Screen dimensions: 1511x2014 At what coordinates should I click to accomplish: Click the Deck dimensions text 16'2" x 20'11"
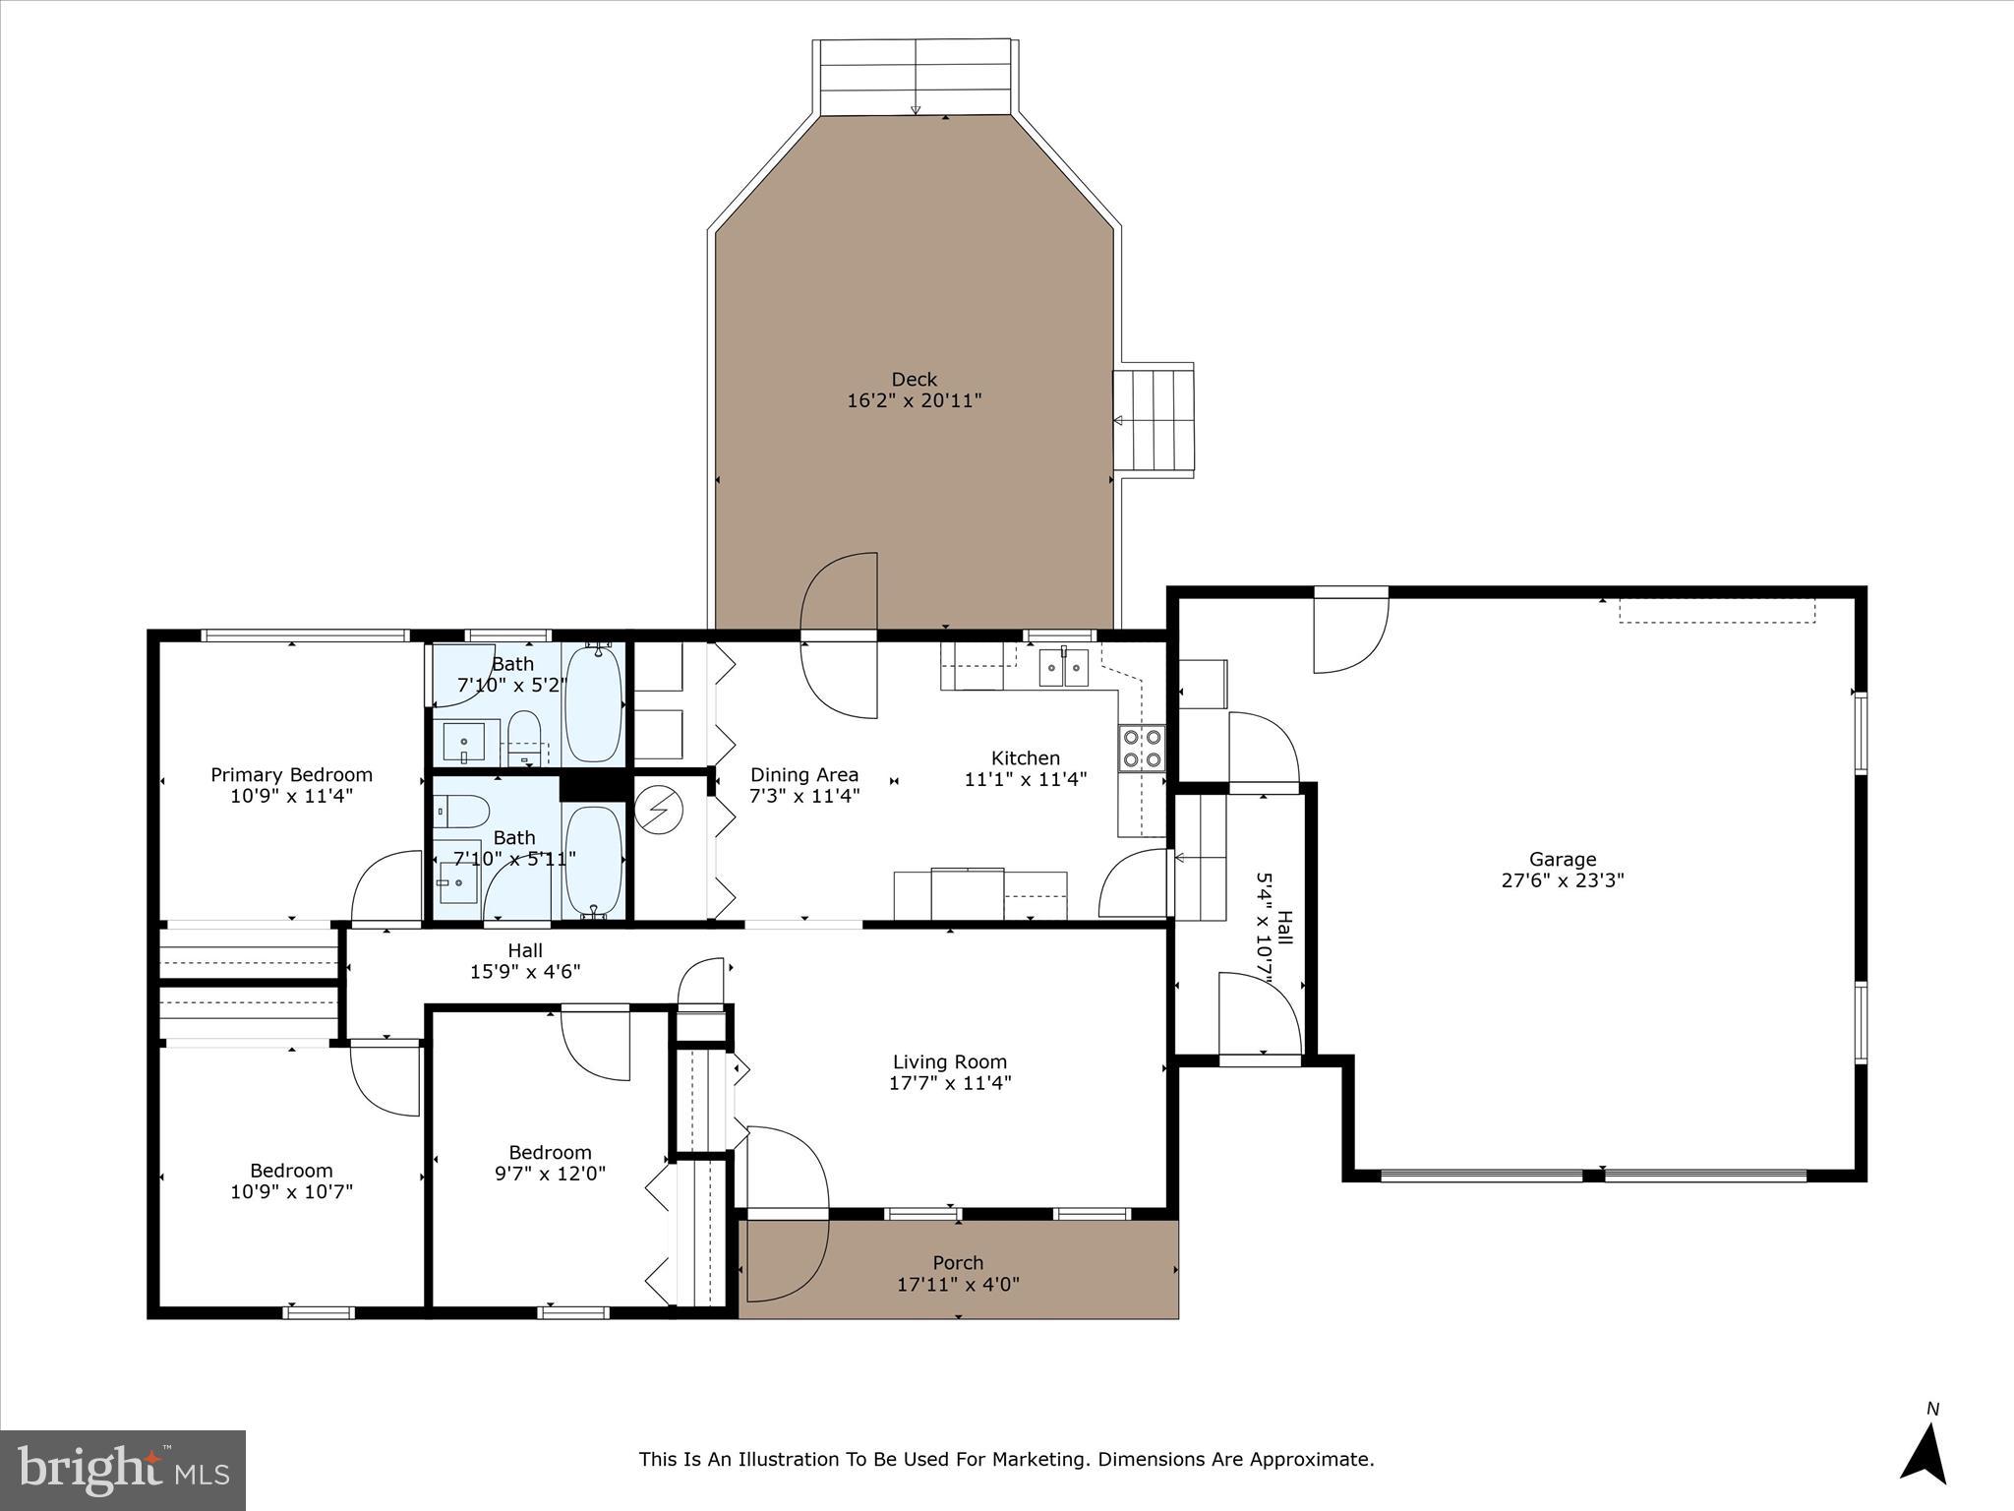pyautogui.click(x=914, y=401)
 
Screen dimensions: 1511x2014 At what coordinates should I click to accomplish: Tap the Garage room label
pyautogui.click(x=1562, y=859)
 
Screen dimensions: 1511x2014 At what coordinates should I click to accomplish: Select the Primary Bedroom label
pyautogui.click(x=291, y=775)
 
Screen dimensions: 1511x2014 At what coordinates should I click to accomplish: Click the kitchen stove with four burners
pyautogui.click(x=1142, y=747)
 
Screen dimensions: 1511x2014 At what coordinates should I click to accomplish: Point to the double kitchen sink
pyautogui.click(x=1064, y=669)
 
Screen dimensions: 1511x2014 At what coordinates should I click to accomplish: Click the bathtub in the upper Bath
pyautogui.click(x=593, y=702)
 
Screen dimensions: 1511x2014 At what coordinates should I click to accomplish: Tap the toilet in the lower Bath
pyautogui.click(x=463, y=812)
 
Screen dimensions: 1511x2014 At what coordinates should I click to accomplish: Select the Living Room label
pyautogui.click(x=949, y=1061)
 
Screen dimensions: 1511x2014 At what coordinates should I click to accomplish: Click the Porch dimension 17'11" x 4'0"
pyautogui.click(x=957, y=1284)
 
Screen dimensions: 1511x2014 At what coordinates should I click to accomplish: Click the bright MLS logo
pyautogui.click(x=123, y=1470)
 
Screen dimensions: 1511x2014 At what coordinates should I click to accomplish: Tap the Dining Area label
pyautogui.click(x=803, y=775)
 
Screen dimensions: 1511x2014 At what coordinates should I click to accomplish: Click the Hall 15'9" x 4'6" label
pyautogui.click(x=525, y=961)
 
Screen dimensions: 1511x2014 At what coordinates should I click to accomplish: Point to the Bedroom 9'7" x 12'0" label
pyautogui.click(x=550, y=1163)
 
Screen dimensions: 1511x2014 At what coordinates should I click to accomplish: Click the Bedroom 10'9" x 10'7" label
pyautogui.click(x=291, y=1180)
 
